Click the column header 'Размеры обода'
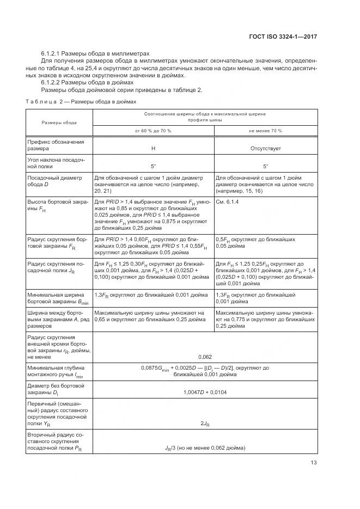click(59, 122)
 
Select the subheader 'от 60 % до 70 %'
click(153, 131)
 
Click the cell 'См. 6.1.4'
click(228, 201)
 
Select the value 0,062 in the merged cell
click(205, 372)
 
